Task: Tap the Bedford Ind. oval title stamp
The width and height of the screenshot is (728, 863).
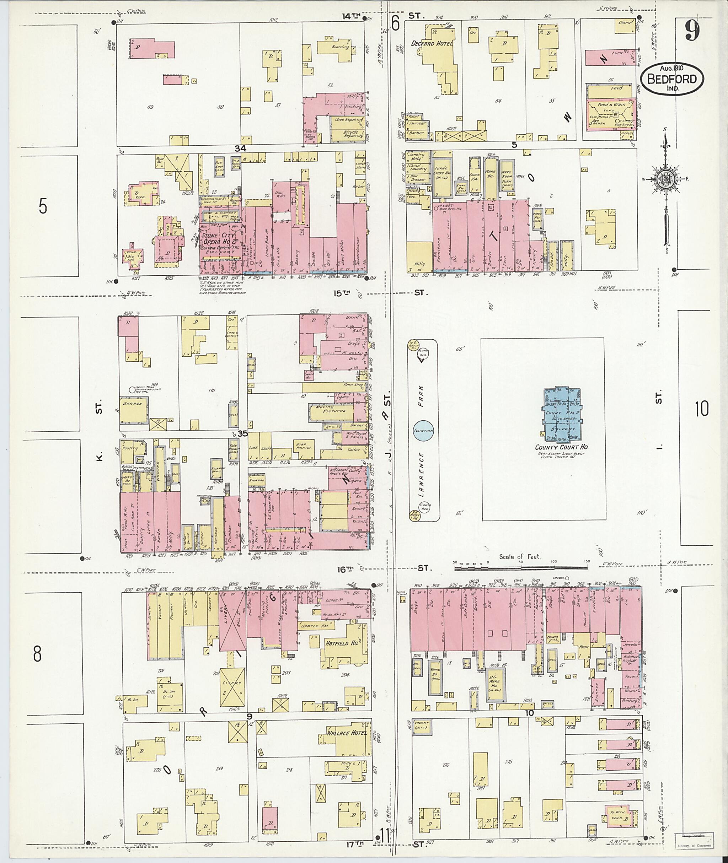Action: tap(672, 80)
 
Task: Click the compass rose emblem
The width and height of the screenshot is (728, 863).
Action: tap(666, 180)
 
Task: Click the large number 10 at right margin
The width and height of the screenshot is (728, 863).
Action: tap(701, 408)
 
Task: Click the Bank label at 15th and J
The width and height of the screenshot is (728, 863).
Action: tap(352, 318)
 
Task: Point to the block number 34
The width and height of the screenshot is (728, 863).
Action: tap(240, 148)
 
